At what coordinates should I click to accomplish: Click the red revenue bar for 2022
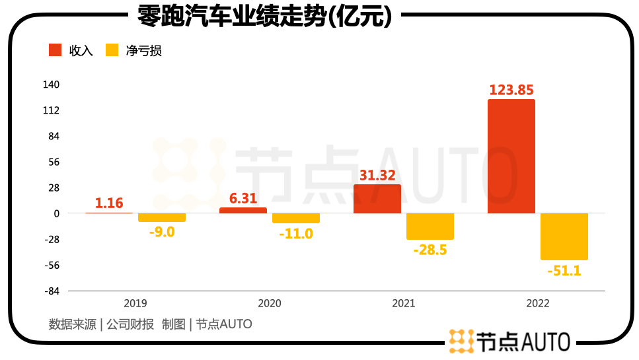(x=511, y=157)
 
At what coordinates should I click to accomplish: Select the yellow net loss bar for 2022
(x=564, y=236)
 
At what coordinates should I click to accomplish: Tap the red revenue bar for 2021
(x=377, y=199)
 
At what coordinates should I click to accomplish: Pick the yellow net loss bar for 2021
(x=430, y=226)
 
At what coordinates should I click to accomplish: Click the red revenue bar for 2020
(x=243, y=210)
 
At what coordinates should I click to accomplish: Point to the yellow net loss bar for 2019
(x=162, y=217)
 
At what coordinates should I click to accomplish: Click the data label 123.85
(x=511, y=90)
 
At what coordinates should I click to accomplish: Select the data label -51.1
(x=564, y=270)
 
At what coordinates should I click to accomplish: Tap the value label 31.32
(x=377, y=175)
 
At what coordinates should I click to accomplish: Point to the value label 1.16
(x=109, y=203)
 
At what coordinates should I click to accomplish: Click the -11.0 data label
(x=296, y=233)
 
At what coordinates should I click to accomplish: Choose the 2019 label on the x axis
(x=135, y=303)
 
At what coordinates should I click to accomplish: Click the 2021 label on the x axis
(x=404, y=303)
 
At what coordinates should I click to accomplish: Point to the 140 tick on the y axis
(x=52, y=85)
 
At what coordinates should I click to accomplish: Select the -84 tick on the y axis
(x=52, y=291)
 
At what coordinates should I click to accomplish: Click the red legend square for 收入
(x=56, y=51)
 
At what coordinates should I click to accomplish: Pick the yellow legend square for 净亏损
(x=112, y=51)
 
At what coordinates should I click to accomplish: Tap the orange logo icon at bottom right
(x=461, y=341)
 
